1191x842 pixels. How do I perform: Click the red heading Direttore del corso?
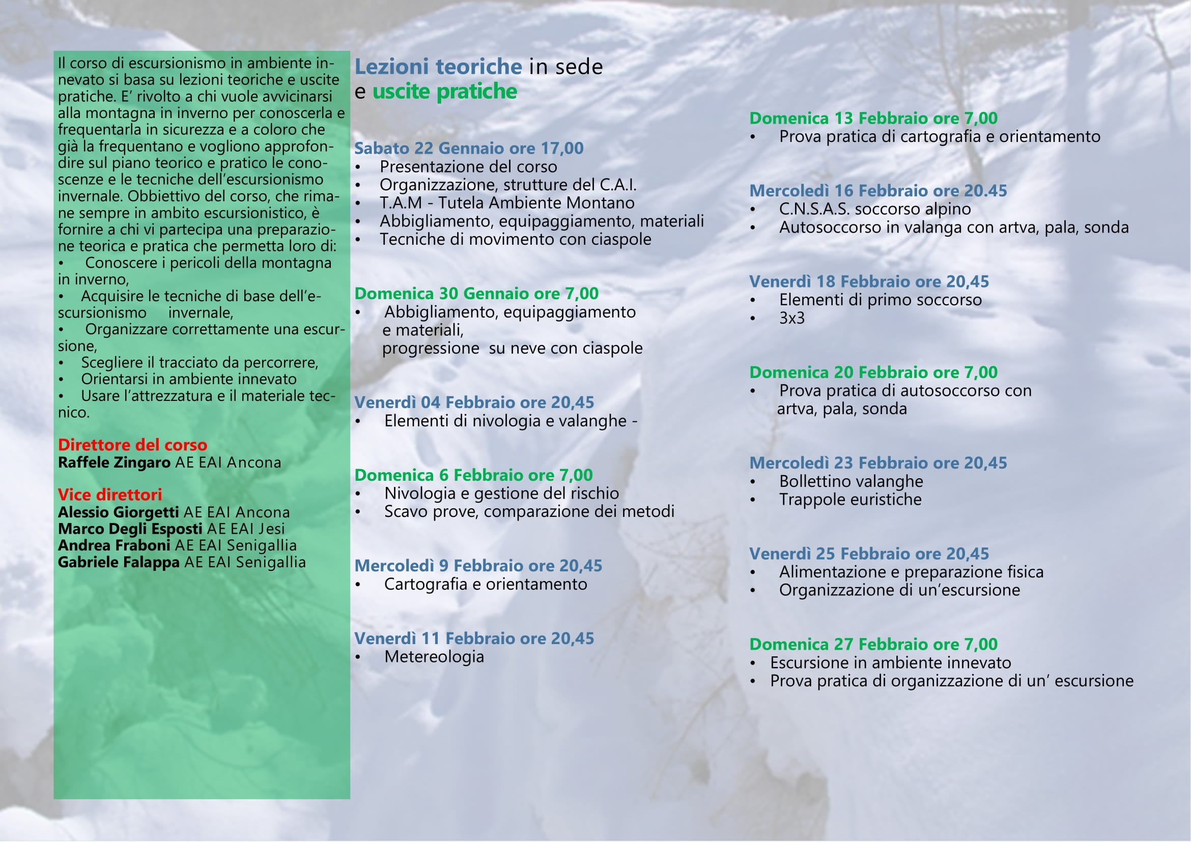coord(132,445)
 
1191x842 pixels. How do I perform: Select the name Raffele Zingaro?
coord(114,462)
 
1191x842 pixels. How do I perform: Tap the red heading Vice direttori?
coord(110,495)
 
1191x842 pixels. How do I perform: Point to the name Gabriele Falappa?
coord(119,562)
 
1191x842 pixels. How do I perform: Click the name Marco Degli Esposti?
coord(130,529)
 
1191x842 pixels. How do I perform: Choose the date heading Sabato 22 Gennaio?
coord(468,148)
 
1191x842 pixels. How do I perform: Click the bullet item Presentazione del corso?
coord(468,167)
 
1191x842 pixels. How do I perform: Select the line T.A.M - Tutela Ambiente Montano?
coord(507,202)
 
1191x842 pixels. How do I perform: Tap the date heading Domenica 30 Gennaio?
coord(476,294)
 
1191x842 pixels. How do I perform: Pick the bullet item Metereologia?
coord(434,657)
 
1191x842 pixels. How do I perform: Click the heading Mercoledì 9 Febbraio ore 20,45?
coord(478,566)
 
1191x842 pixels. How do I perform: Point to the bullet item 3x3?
coord(791,318)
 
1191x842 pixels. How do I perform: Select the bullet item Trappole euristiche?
coord(850,499)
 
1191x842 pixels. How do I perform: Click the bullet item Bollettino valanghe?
coord(850,481)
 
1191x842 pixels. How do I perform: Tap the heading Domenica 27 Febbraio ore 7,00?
coord(873,644)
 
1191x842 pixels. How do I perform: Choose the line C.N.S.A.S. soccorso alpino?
coord(874,209)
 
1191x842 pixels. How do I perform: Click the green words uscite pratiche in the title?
coord(444,92)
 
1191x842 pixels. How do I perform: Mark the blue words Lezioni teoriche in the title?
coord(438,67)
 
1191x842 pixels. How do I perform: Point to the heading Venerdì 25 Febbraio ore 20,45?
coord(869,554)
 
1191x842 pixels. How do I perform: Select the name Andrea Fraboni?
coord(114,545)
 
